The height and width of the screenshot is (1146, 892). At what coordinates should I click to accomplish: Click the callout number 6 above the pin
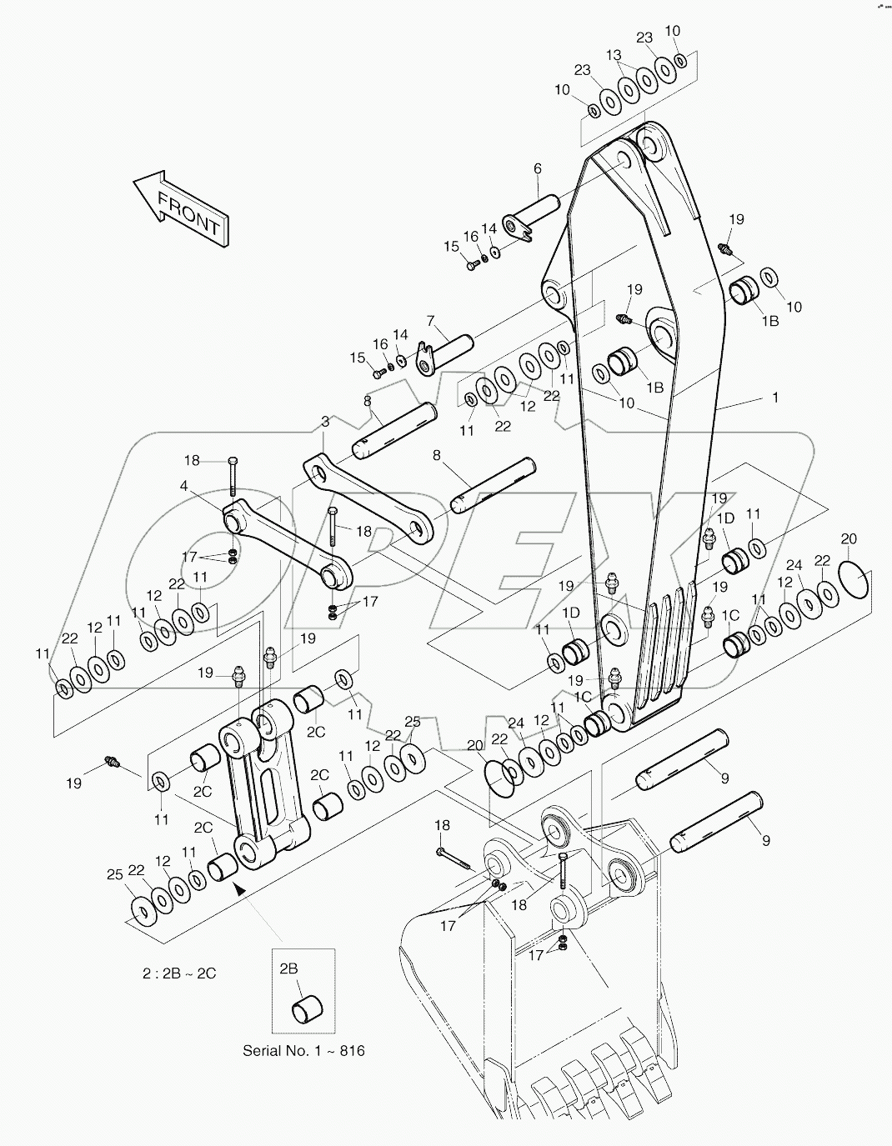click(x=537, y=169)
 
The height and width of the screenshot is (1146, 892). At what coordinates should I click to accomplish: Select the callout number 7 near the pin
click(x=430, y=320)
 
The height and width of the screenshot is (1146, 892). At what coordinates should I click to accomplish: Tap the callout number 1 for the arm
click(x=775, y=398)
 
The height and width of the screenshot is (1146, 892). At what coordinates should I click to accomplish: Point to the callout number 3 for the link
click(x=325, y=423)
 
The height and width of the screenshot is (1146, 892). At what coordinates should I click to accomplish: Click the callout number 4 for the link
click(x=183, y=486)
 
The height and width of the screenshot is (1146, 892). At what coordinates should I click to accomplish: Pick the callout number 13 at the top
click(x=614, y=56)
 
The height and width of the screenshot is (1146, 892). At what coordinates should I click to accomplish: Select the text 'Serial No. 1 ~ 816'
click(x=303, y=1050)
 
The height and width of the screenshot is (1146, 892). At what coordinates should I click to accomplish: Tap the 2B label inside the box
click(x=288, y=968)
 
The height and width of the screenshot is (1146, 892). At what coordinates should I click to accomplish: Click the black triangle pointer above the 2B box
click(x=240, y=889)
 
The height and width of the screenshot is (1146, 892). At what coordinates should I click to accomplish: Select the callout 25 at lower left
click(x=114, y=873)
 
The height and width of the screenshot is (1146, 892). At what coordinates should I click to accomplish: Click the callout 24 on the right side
click(x=794, y=564)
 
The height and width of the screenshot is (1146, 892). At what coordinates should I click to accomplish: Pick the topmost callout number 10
click(x=673, y=31)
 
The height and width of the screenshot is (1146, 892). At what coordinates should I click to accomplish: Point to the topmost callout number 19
click(x=736, y=219)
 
